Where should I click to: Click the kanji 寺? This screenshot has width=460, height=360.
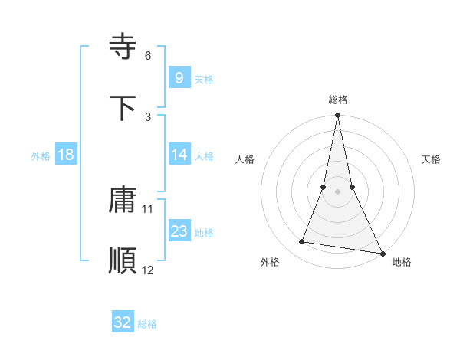coord(123,47)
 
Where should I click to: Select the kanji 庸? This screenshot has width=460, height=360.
coord(123,201)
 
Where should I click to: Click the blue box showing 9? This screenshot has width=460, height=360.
coord(179,77)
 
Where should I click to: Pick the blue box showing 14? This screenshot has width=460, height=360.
coord(179,155)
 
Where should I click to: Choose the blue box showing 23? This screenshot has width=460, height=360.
coord(179,231)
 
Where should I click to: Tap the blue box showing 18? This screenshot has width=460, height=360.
coord(66,155)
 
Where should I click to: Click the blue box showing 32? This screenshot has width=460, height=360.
coord(123,322)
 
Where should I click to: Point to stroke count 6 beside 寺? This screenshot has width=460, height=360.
coord(148,55)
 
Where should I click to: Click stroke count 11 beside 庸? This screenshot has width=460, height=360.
coord(148,208)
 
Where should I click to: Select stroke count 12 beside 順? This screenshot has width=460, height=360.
coord(148,270)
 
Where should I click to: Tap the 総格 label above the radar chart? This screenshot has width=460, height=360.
coord(337,100)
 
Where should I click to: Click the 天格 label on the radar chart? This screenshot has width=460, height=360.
coord(431,159)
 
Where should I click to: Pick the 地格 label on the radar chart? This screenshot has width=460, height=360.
coord(402,262)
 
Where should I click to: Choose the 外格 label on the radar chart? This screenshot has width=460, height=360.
coord(270,262)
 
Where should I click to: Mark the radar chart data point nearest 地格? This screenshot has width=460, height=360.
coord(382,254)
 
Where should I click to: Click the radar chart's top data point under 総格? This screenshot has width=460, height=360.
coord(337,116)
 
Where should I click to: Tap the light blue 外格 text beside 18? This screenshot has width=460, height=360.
coord(41,155)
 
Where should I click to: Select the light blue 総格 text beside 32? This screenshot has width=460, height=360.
coord(147,324)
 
